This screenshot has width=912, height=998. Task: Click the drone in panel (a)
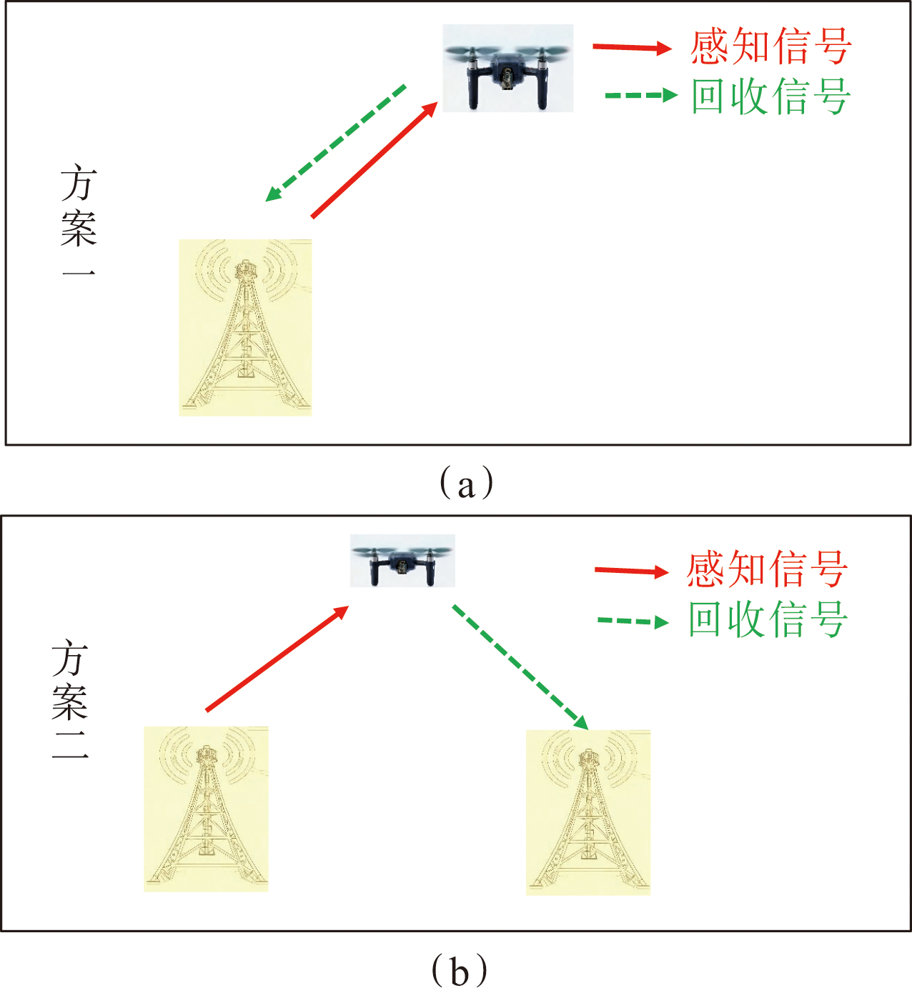tap(507, 69)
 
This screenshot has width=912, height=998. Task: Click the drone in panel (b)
tap(402, 561)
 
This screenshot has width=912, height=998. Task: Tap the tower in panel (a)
tap(245, 327)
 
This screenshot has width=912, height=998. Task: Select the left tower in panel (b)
tap(206, 809)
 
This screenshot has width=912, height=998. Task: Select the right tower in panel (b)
tap(588, 812)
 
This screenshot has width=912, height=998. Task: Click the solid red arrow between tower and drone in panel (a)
tap(375, 160)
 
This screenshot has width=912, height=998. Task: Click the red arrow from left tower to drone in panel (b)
tap(277, 659)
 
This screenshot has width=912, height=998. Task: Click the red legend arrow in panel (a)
tap(632, 48)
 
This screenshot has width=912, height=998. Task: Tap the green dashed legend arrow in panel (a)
tap(640, 95)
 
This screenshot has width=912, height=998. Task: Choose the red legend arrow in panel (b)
tap(631, 571)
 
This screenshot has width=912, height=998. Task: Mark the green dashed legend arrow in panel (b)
tap(633, 621)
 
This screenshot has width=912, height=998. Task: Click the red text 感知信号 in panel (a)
tap(770, 46)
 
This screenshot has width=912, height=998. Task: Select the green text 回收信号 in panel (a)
tap(770, 96)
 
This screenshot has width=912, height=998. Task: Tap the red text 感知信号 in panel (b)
tap(768, 569)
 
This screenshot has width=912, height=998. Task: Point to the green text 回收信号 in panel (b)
tap(768, 619)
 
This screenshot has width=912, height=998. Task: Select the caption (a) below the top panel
tap(466, 484)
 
